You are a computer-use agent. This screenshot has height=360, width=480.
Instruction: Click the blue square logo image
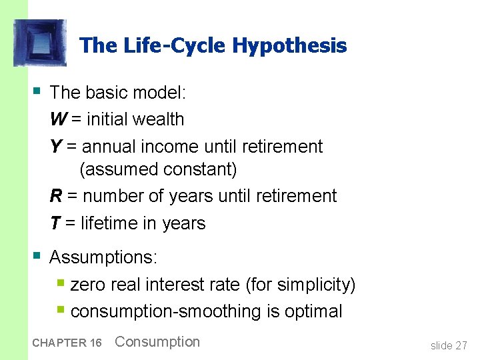(40, 43)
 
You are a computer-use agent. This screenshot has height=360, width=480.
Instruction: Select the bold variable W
(58, 119)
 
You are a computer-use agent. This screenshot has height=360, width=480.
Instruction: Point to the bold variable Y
(56, 147)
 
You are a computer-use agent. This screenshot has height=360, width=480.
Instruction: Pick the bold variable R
(57, 196)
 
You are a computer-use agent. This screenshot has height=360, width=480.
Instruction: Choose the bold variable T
(55, 223)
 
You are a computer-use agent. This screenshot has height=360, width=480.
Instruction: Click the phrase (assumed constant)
(158, 170)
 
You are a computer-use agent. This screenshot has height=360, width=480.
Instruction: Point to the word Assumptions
(104, 257)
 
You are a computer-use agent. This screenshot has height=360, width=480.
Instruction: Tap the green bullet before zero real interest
(61, 283)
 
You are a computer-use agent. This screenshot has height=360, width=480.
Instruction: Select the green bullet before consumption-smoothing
(61, 309)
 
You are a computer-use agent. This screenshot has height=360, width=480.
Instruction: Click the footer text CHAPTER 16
(67, 343)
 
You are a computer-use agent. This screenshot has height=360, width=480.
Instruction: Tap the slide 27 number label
(449, 345)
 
